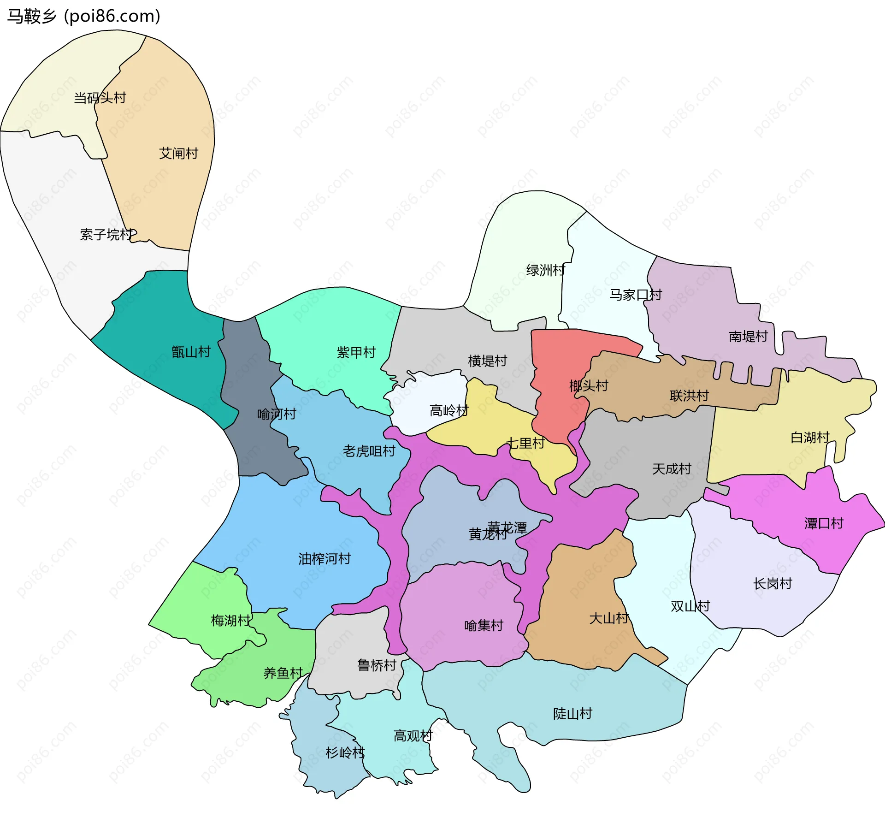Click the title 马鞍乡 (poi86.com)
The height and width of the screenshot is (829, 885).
click(83, 16)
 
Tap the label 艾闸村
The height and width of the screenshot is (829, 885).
click(178, 153)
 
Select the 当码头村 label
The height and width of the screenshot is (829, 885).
click(100, 98)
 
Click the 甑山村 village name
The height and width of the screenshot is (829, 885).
click(191, 352)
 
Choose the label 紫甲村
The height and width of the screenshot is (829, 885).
click(356, 352)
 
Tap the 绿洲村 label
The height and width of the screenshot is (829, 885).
click(545, 270)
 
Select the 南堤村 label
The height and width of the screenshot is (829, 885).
click(748, 336)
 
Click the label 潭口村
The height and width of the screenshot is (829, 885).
click(824, 523)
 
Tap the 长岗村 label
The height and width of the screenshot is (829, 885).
click(773, 583)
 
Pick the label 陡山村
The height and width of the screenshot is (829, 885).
click(572, 713)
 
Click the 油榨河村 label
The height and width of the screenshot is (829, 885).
click(324, 558)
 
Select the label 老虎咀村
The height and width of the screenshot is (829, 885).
click(369, 450)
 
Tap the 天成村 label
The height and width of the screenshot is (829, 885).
click(672, 468)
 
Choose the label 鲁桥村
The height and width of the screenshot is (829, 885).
click(377, 665)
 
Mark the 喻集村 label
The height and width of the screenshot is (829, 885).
click(484, 625)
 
